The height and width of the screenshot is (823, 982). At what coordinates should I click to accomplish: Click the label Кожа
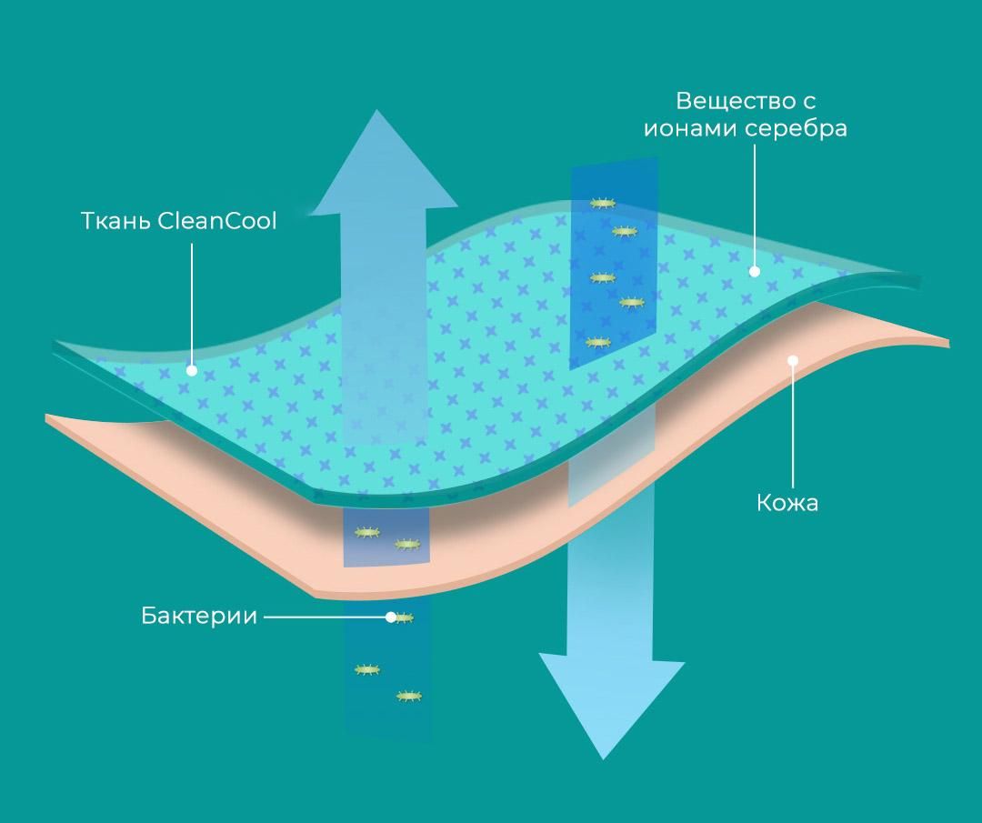click(x=787, y=503)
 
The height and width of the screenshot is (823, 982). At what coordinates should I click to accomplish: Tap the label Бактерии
click(x=199, y=617)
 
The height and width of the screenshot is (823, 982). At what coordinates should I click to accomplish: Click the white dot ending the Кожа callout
click(x=793, y=360)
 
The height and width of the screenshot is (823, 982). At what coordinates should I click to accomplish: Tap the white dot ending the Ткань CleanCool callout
click(x=192, y=370)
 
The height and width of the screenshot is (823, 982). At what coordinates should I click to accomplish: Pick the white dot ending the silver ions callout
click(x=754, y=271)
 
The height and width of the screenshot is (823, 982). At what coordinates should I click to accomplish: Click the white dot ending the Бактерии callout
click(x=391, y=617)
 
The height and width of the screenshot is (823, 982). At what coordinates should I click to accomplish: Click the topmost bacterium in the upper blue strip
click(x=601, y=204)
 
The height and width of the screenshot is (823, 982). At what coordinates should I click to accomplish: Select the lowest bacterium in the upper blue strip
click(x=597, y=343)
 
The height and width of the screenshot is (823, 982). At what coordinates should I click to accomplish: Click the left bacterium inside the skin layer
click(x=366, y=532)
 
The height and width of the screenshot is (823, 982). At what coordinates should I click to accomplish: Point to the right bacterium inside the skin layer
click(x=407, y=545)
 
